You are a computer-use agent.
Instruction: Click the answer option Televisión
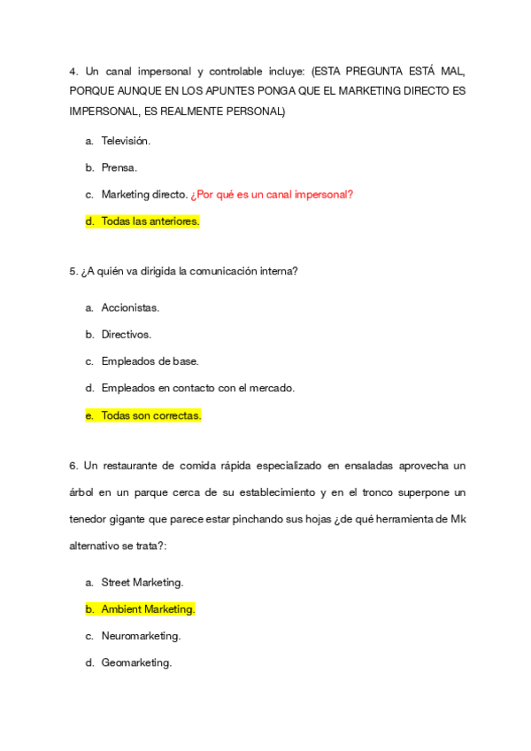[126, 141]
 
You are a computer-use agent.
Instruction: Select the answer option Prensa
[119, 167]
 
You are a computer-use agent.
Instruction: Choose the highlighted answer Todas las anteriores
[150, 221]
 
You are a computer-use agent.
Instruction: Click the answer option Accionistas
[130, 308]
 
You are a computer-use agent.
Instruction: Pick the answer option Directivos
[126, 335]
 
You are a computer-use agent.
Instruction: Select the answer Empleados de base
[150, 361]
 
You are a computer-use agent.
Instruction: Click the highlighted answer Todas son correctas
[151, 414]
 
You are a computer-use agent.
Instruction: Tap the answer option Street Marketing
[142, 583]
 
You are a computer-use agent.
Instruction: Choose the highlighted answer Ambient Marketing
[148, 609]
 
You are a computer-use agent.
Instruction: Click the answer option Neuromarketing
[141, 636]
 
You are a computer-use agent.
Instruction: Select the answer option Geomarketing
[136, 662]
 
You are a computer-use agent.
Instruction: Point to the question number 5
[73, 272]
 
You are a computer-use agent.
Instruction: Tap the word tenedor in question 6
[90, 519]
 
